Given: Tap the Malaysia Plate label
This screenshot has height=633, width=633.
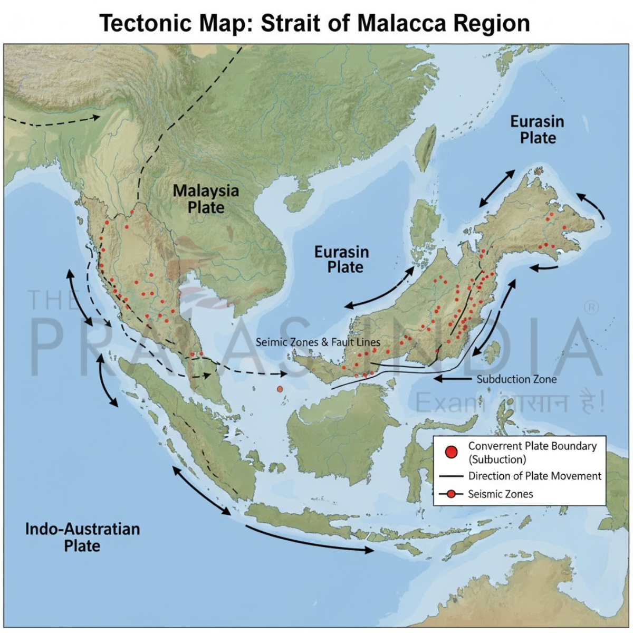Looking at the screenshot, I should coord(206,198).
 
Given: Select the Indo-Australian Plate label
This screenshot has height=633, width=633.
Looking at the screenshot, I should coord(83,536).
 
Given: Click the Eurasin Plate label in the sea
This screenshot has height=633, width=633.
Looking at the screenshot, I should coord(341,259).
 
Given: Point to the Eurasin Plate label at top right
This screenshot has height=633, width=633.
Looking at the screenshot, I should coord(537,130).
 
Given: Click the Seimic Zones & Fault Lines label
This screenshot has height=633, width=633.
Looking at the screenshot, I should coord(318,342).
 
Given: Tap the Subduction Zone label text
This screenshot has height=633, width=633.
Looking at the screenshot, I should coord(516,379).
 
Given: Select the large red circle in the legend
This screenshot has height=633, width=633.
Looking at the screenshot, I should coord(451,452).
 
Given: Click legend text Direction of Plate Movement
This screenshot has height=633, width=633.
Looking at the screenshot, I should coord(534,476).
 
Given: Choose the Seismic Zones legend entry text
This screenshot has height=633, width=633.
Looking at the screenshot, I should coord(500,494).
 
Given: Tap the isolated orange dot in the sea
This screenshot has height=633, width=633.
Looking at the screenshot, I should coord(280,389).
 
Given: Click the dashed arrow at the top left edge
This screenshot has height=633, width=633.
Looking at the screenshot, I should coord(53,122).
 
